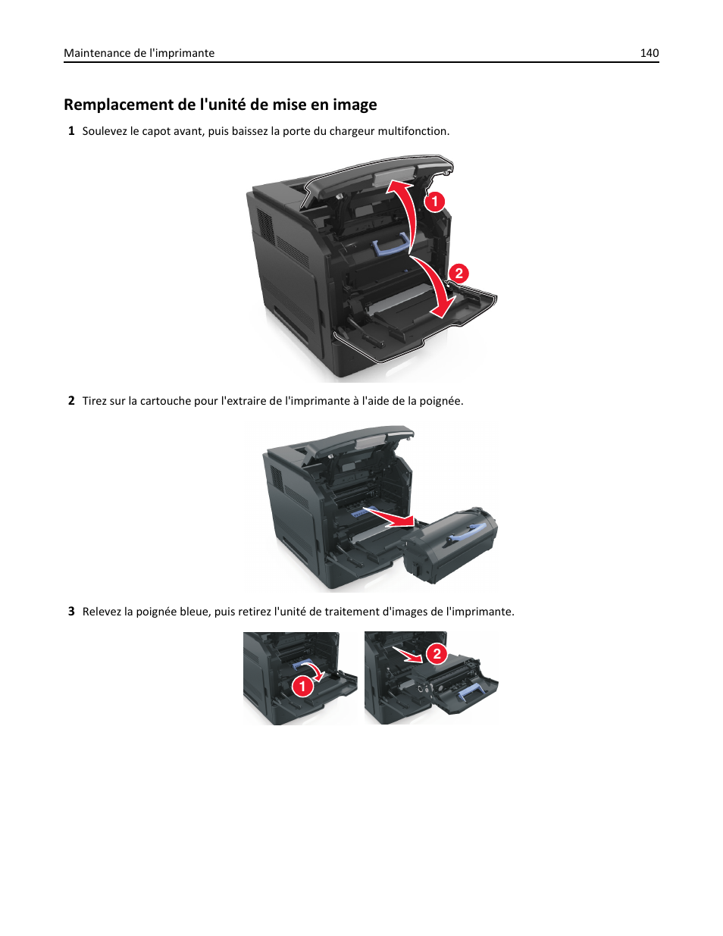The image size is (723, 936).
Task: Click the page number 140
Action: (x=649, y=53)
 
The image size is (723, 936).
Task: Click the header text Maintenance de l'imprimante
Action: (x=139, y=53)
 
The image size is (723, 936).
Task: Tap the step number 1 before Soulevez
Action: (x=71, y=131)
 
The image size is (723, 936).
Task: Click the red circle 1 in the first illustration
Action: (x=434, y=202)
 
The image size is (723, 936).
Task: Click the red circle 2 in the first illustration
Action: (x=459, y=274)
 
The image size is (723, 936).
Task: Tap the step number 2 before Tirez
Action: (x=71, y=401)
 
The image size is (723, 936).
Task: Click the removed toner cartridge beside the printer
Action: (x=450, y=546)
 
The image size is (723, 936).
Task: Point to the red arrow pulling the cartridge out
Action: (x=390, y=517)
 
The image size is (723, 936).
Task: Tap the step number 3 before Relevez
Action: (x=71, y=612)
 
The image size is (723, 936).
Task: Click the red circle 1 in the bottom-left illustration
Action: (x=302, y=687)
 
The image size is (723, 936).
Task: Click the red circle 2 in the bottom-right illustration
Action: (x=437, y=654)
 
